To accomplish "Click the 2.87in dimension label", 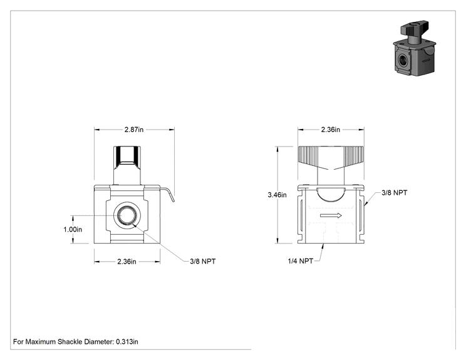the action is pyautogui.click(x=134, y=130).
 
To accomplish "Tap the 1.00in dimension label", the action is pyautogui.click(x=73, y=229).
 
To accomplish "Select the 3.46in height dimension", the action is pyautogui.click(x=277, y=195).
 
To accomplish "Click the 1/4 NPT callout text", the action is pyautogui.click(x=300, y=261).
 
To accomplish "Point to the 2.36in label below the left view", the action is pyautogui.click(x=127, y=262).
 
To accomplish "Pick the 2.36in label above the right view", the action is pyautogui.click(x=331, y=130).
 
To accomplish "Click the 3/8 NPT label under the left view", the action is pyautogui.click(x=203, y=261).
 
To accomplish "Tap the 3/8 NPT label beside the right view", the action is pyautogui.click(x=395, y=193).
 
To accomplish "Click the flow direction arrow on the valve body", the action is pyautogui.click(x=331, y=215).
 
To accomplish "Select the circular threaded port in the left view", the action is pyautogui.click(x=127, y=215).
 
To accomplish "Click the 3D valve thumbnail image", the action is pyautogui.click(x=415, y=48).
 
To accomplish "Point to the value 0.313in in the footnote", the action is pyautogui.click(x=127, y=342).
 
